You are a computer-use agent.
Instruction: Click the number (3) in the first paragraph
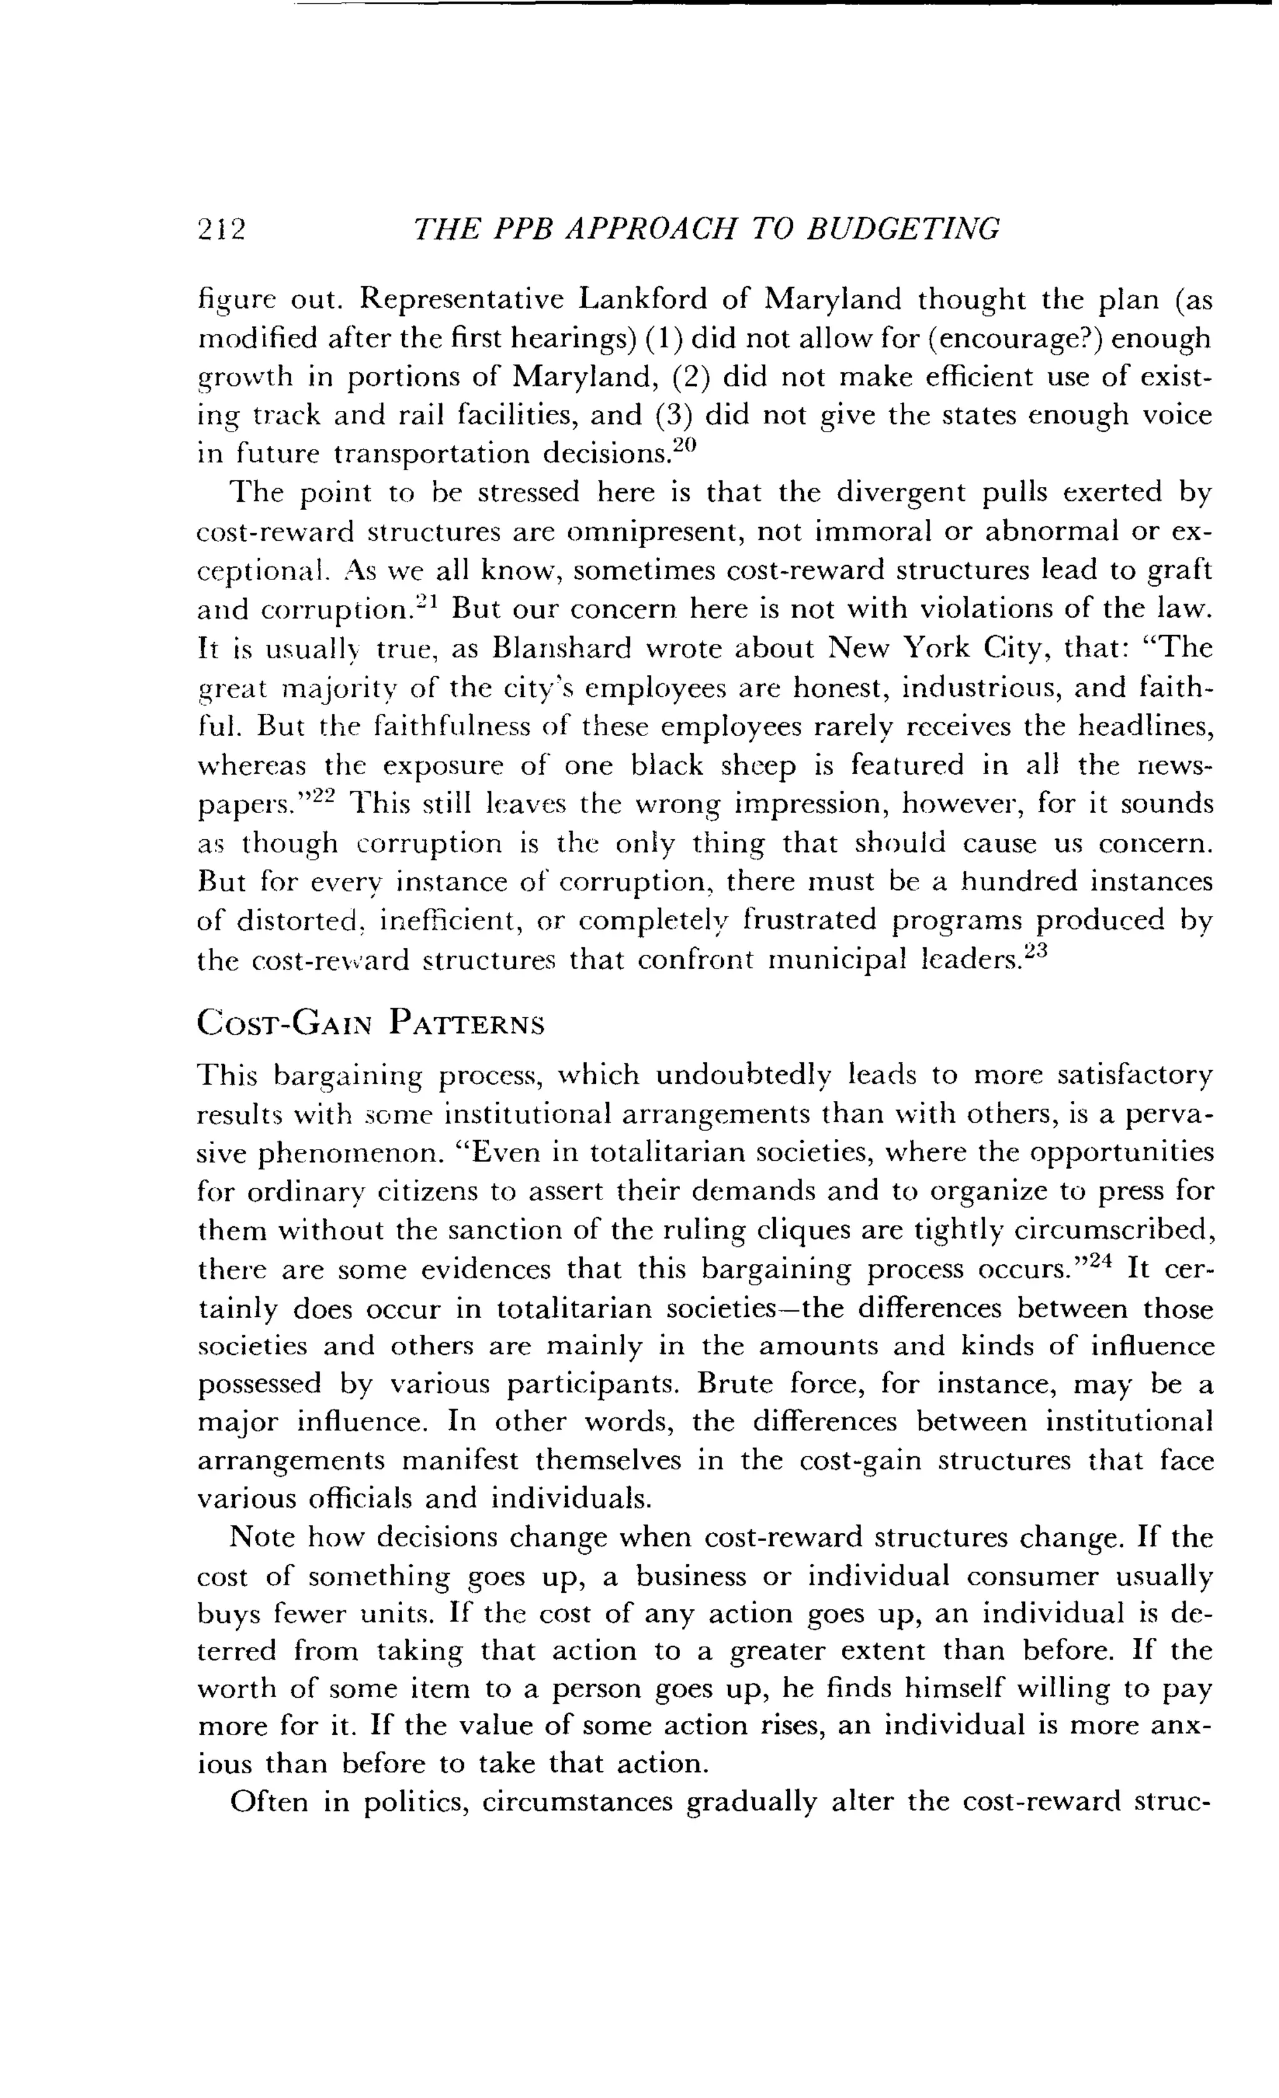[674, 415]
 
